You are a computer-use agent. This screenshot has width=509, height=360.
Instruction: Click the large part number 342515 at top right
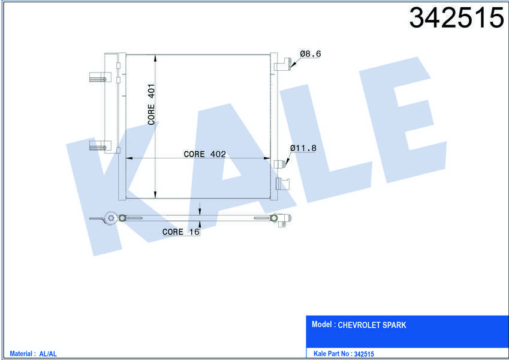pyautogui.click(x=456, y=17)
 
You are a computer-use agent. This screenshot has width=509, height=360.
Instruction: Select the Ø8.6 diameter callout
pyautogui.click(x=311, y=53)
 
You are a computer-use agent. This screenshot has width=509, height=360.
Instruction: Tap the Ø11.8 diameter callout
pyautogui.click(x=303, y=148)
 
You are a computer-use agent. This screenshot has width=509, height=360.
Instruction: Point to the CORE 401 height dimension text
pyautogui.click(x=151, y=104)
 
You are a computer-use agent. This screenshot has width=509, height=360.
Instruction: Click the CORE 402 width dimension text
pyautogui.click(x=204, y=154)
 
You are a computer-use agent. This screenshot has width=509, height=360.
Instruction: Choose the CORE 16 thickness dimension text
pyautogui.click(x=181, y=232)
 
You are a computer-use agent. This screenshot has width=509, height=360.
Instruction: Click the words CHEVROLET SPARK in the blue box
pyautogui.click(x=372, y=325)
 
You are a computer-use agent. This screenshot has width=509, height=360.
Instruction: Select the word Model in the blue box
pyautogui.click(x=322, y=324)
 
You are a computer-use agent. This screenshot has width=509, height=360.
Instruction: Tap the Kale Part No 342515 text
pyautogui.click(x=344, y=354)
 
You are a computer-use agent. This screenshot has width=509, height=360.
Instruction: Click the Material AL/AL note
pyautogui.click(x=33, y=354)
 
